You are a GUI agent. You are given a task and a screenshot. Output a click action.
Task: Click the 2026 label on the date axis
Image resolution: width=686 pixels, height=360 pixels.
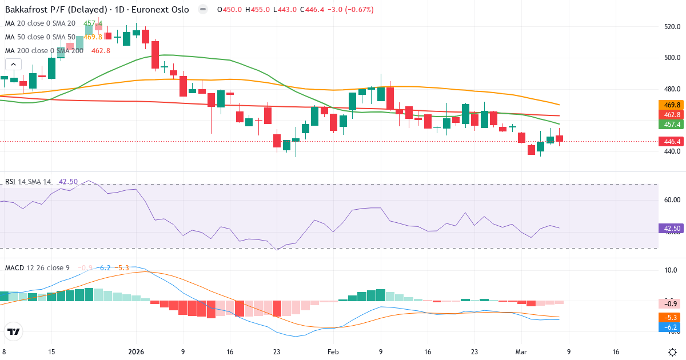pyautogui.click(x=136, y=352)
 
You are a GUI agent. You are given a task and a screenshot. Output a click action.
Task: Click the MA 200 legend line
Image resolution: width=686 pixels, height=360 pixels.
pyautogui.click(x=44, y=50)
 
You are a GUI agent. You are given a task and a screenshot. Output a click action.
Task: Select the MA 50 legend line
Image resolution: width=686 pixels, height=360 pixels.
pyautogui.click(x=40, y=37)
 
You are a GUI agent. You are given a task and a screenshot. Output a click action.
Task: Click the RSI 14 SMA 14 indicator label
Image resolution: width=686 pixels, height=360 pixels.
pyautogui.click(x=28, y=182)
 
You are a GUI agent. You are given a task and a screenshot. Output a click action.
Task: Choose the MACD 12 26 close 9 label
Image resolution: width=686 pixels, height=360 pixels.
pyautogui.click(x=38, y=267)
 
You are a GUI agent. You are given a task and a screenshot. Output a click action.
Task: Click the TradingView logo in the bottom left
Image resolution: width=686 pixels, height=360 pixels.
pyautogui.click(x=14, y=331)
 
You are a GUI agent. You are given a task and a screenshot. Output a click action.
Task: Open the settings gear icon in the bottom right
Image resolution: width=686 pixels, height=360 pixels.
pyautogui.click(x=673, y=351)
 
